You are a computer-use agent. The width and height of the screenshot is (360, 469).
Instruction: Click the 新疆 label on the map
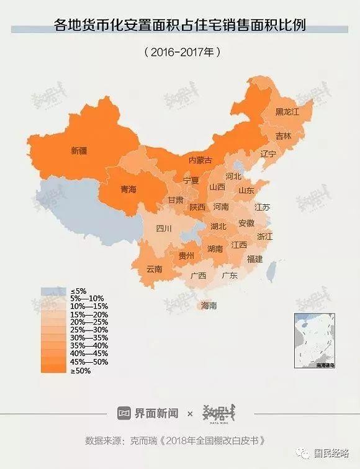point(79,150)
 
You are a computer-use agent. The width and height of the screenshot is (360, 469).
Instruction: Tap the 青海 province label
point(128,189)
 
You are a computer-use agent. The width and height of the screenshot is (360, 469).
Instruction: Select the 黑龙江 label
point(287,112)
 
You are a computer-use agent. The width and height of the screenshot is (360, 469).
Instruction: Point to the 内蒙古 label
point(200,160)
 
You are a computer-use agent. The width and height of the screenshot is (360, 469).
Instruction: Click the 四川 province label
point(164,229)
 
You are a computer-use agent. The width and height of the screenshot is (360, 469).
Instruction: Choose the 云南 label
point(154,269)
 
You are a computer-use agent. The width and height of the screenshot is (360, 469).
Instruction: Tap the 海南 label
point(209,306)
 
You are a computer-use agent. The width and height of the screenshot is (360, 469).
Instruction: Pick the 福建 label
point(254,259)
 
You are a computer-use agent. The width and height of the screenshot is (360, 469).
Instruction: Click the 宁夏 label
point(191,181)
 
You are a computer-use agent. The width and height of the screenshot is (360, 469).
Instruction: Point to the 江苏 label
point(263,207)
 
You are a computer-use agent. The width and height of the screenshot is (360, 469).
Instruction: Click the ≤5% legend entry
point(79,291)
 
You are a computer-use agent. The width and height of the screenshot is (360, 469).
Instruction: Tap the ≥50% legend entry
point(81,371)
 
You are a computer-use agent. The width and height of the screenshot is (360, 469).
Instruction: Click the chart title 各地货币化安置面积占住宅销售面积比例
point(180,27)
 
